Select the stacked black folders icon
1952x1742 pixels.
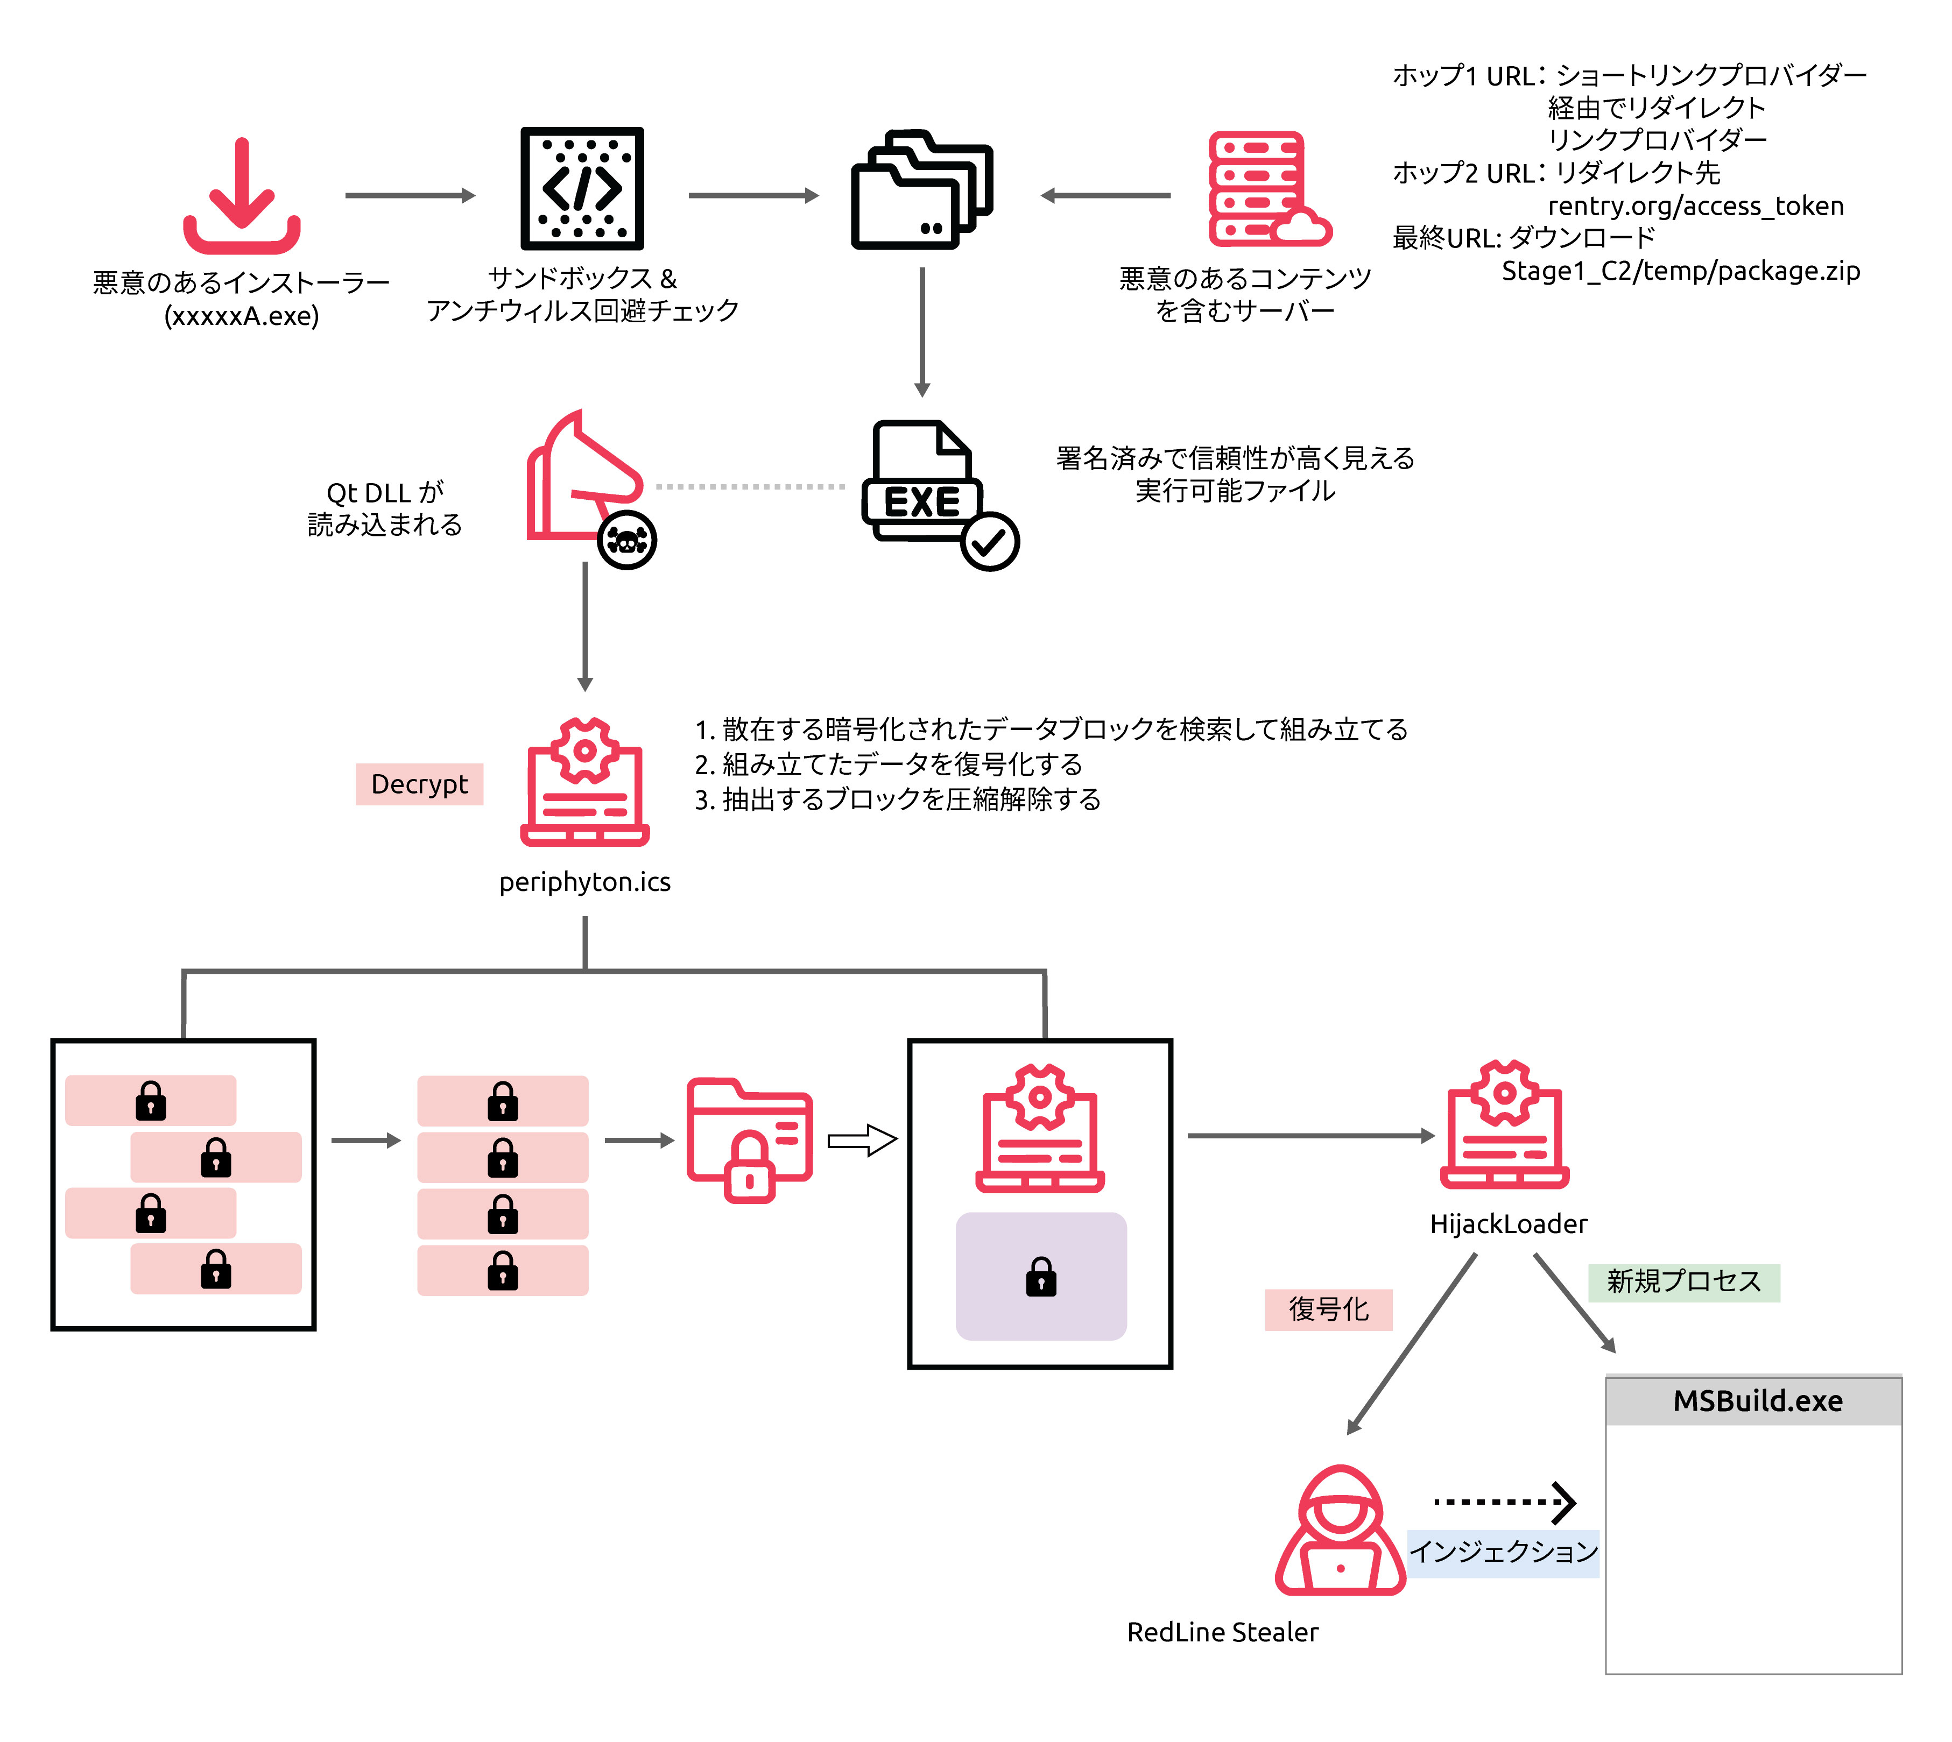tap(921, 189)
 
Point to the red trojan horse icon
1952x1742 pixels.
tap(579, 479)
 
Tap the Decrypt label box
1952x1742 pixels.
tap(419, 784)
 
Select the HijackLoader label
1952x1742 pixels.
tap(1508, 1223)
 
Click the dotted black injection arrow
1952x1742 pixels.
tap(1503, 1502)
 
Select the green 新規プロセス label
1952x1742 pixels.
tap(1683, 1281)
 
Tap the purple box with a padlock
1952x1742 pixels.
tap(1041, 1276)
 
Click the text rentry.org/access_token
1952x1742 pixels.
tap(1694, 206)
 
